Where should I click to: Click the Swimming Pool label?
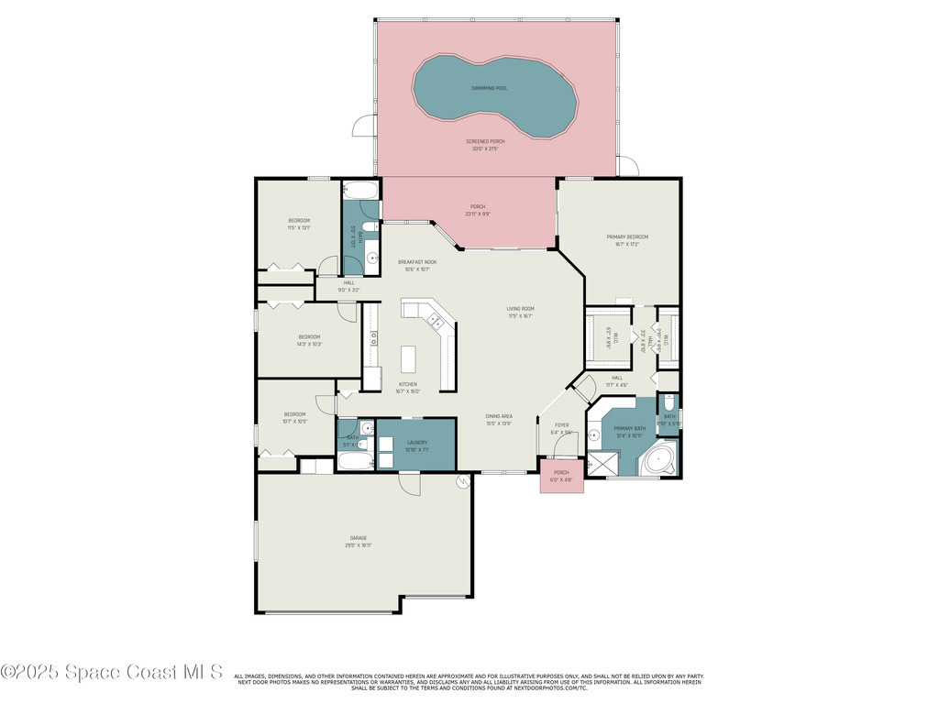489,88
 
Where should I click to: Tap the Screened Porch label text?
485,142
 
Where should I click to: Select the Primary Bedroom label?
627,237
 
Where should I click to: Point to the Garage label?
359,538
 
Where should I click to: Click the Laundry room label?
416,443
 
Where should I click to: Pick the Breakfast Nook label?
417,262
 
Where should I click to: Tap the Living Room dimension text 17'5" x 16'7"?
521,316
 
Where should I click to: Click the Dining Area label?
499,416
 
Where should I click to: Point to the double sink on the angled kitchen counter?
436,320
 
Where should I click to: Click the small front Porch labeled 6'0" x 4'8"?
561,477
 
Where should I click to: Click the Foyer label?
561,425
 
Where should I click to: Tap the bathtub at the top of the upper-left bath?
360,191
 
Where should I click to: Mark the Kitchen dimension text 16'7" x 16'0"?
408,391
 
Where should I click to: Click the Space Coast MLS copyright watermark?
112,672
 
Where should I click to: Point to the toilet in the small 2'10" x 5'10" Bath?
668,404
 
